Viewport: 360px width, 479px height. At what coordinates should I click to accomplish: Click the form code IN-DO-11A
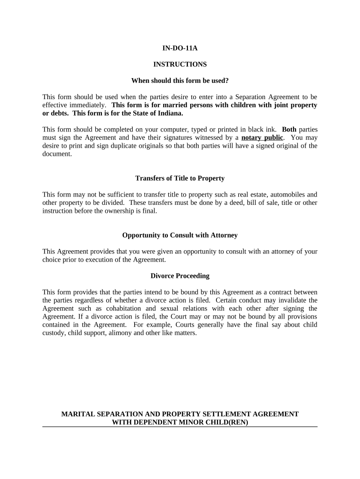click(180, 48)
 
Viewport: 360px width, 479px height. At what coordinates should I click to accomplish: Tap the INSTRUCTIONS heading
click(180, 64)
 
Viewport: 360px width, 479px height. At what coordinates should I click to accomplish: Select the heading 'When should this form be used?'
click(180, 80)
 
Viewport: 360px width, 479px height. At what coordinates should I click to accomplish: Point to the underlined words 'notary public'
click(262, 138)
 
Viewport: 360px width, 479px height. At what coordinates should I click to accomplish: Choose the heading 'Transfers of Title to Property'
click(180, 178)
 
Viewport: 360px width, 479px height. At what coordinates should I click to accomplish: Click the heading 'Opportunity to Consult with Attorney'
click(180, 235)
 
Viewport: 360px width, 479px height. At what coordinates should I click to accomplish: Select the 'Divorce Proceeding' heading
click(180, 276)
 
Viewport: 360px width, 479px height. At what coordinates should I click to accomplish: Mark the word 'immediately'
click(89, 105)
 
